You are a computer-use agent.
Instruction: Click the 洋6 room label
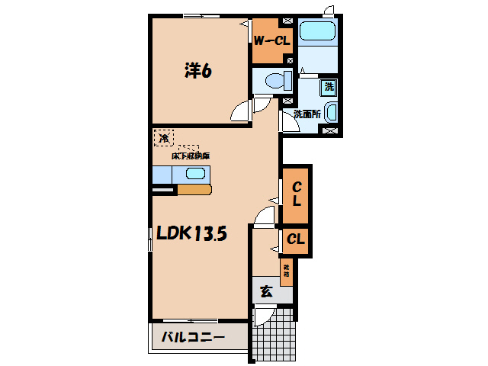tap(197, 71)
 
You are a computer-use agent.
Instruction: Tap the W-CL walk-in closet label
tap(271, 40)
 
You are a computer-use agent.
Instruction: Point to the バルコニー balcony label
tap(193, 336)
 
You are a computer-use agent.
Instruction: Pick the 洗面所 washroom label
tap(306, 114)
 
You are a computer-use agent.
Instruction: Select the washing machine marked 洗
tap(329, 87)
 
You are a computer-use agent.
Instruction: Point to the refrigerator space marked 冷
tap(163, 138)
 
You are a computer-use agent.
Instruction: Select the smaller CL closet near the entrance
tap(296, 239)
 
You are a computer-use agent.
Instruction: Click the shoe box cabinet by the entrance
tap(286, 272)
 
